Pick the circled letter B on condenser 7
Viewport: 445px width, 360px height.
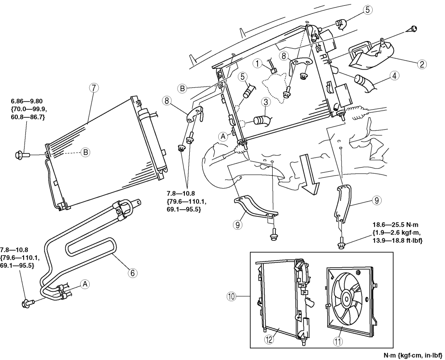coord(85,152)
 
